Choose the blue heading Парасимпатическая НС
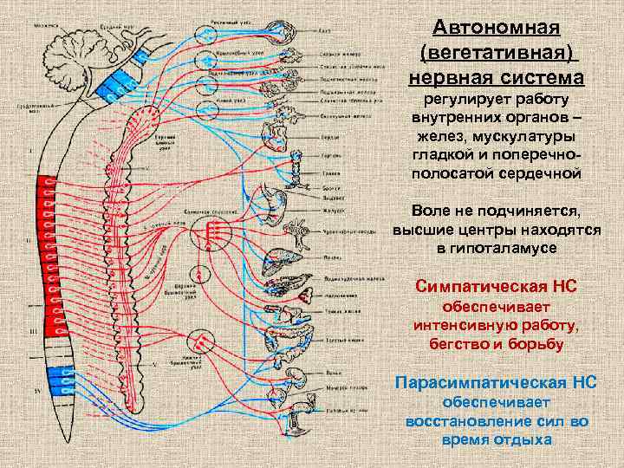coord(496,381)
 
